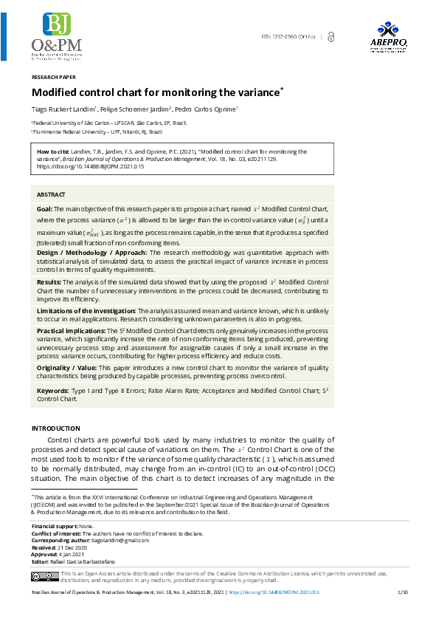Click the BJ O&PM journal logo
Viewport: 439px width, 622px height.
click(x=58, y=35)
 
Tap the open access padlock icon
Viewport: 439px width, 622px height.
click(x=331, y=36)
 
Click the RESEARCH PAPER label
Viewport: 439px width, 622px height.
click(x=53, y=77)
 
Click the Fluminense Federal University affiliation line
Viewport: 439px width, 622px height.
click(x=97, y=131)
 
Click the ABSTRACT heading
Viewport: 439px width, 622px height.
click(x=51, y=194)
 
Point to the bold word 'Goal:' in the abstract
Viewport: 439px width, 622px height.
click(x=45, y=209)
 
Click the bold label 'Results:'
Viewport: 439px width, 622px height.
click(x=49, y=282)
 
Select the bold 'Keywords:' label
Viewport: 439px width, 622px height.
click(x=53, y=389)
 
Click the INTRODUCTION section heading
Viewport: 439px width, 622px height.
click(x=56, y=428)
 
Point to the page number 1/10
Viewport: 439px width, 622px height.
click(x=403, y=592)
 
